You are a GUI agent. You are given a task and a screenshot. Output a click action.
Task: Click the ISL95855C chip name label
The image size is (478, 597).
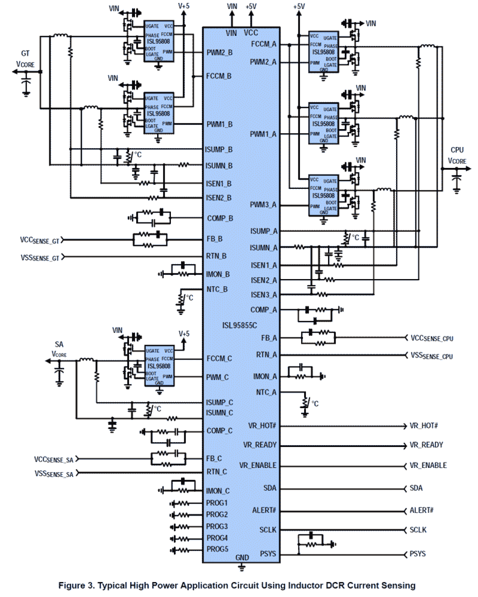click(x=239, y=326)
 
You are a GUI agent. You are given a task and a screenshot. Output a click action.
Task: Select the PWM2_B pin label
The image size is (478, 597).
click(x=220, y=53)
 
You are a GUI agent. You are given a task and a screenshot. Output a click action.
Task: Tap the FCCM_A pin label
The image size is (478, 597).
click(x=263, y=44)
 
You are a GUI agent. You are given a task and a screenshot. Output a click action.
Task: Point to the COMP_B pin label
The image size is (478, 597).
click(x=220, y=219)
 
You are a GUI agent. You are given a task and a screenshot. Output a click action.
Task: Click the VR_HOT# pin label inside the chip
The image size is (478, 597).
click(x=262, y=426)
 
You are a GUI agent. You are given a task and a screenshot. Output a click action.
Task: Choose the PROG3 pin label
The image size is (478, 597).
click(x=217, y=527)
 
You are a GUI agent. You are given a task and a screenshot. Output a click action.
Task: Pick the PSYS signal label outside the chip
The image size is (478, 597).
click(x=417, y=554)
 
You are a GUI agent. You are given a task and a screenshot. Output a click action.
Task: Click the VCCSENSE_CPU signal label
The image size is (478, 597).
click(x=432, y=338)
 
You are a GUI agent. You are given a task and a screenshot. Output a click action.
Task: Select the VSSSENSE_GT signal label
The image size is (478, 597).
click(x=40, y=258)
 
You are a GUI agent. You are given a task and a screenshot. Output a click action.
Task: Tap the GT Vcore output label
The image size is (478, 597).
click(x=25, y=59)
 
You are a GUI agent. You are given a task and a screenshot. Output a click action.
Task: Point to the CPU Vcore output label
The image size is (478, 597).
click(x=457, y=155)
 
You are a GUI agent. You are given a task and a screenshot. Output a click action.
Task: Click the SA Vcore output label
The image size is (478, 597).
click(x=59, y=349)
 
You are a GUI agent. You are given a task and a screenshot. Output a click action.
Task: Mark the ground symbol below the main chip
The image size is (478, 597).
click(x=241, y=568)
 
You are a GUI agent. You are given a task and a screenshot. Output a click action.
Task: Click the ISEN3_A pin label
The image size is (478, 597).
click(x=263, y=295)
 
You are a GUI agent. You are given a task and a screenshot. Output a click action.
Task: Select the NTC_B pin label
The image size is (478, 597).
click(x=217, y=289)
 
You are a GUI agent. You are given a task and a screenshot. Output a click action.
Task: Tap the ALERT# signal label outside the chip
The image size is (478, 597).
click(x=421, y=510)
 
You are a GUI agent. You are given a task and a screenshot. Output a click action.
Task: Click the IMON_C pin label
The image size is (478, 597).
click(x=218, y=491)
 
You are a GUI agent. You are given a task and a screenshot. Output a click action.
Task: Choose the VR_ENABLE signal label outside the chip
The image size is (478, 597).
click(x=428, y=465)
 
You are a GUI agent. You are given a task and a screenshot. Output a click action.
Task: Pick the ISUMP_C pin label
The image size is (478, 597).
click(x=219, y=402)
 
